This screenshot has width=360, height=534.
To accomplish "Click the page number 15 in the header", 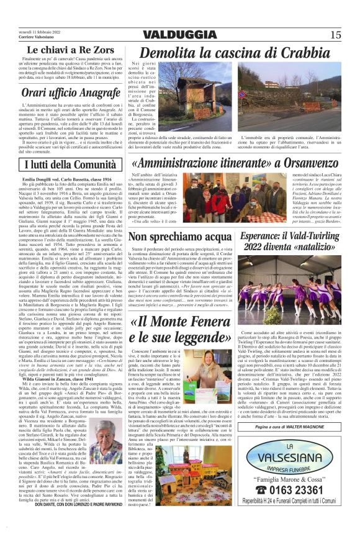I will pos(336,34).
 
